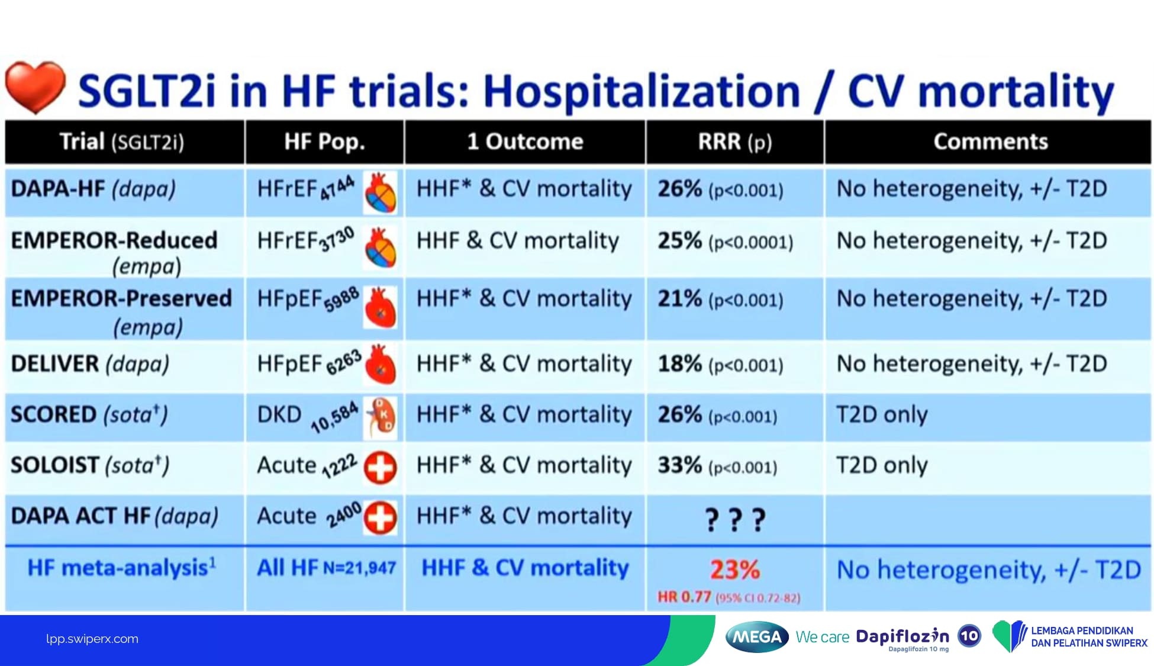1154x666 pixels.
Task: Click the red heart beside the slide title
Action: [35, 86]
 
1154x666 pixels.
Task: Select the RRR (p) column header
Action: [734, 142]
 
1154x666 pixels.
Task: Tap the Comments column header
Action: [990, 142]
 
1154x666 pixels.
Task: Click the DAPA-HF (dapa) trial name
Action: [93, 189]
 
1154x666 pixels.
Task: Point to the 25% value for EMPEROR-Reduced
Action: [679, 241]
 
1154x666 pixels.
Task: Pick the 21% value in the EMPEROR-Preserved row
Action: [679, 298]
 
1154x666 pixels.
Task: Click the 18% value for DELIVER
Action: [679, 363]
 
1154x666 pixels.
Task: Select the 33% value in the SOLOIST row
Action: [679, 465]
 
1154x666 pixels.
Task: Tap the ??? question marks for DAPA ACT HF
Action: [735, 519]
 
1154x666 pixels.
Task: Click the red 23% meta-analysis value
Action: [734, 570]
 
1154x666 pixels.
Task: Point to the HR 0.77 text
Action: [684, 597]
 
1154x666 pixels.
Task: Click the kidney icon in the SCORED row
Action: [381, 417]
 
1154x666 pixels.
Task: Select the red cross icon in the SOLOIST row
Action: [380, 468]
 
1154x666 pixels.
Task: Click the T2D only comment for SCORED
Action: [882, 414]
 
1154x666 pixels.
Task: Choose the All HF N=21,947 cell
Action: [326, 568]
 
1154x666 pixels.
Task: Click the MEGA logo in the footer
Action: [756, 637]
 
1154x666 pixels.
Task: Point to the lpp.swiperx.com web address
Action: [92, 639]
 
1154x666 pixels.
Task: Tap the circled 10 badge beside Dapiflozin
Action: [969, 636]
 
